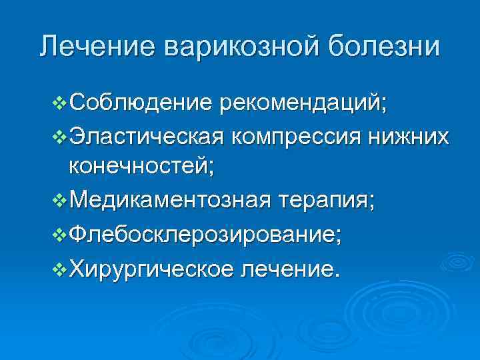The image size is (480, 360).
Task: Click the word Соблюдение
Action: [x=141, y=103]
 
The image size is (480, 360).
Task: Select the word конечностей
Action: [x=141, y=167]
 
